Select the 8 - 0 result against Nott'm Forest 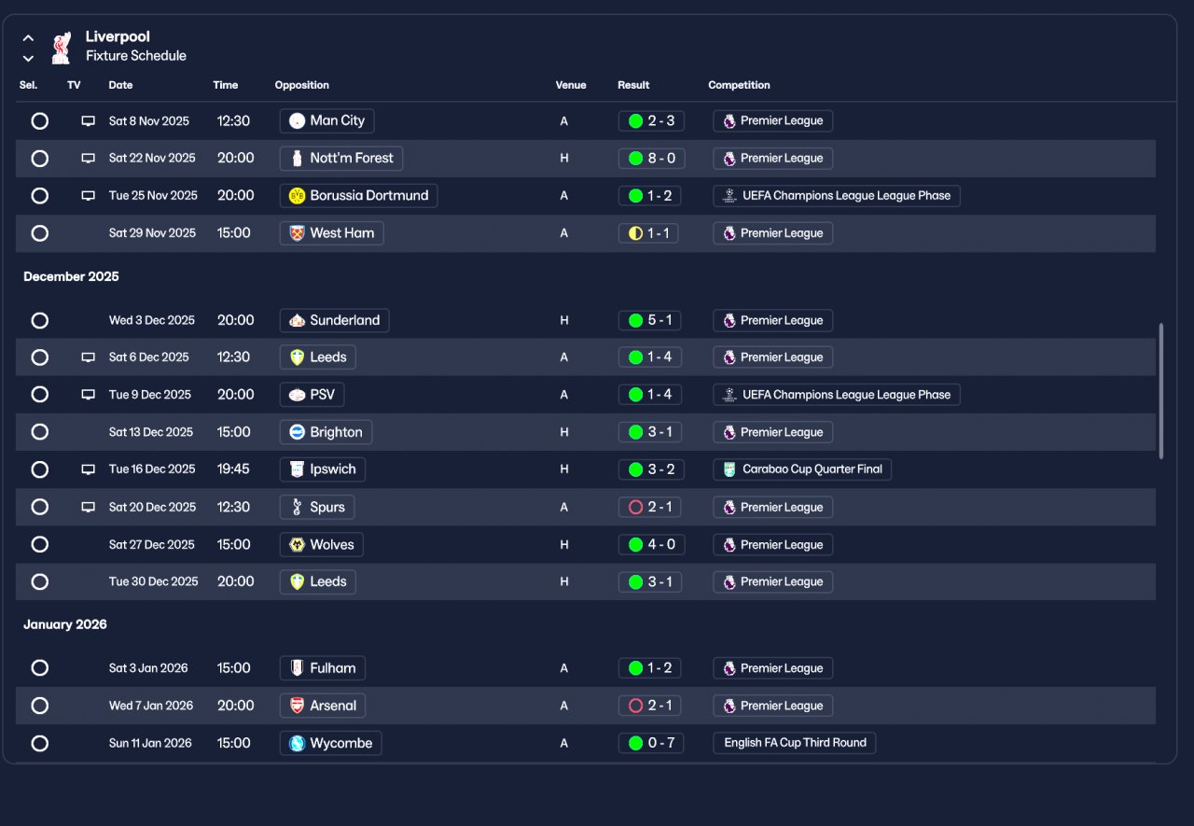pos(651,159)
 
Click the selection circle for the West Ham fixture pos(39,233)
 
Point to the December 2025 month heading pos(71,276)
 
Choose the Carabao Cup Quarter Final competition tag pos(802,469)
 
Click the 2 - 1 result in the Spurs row pos(651,508)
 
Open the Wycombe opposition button pos(330,744)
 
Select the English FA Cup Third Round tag pos(795,743)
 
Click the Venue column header pos(571,85)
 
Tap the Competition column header pos(739,85)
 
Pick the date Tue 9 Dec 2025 pos(149,395)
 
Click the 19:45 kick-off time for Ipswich pos(233,469)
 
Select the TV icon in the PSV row pos(89,395)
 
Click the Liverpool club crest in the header pos(62,47)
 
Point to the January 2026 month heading pos(65,624)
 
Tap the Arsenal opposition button pos(322,706)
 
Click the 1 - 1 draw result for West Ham pos(648,233)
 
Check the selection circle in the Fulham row pos(39,668)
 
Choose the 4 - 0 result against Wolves pos(651,545)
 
